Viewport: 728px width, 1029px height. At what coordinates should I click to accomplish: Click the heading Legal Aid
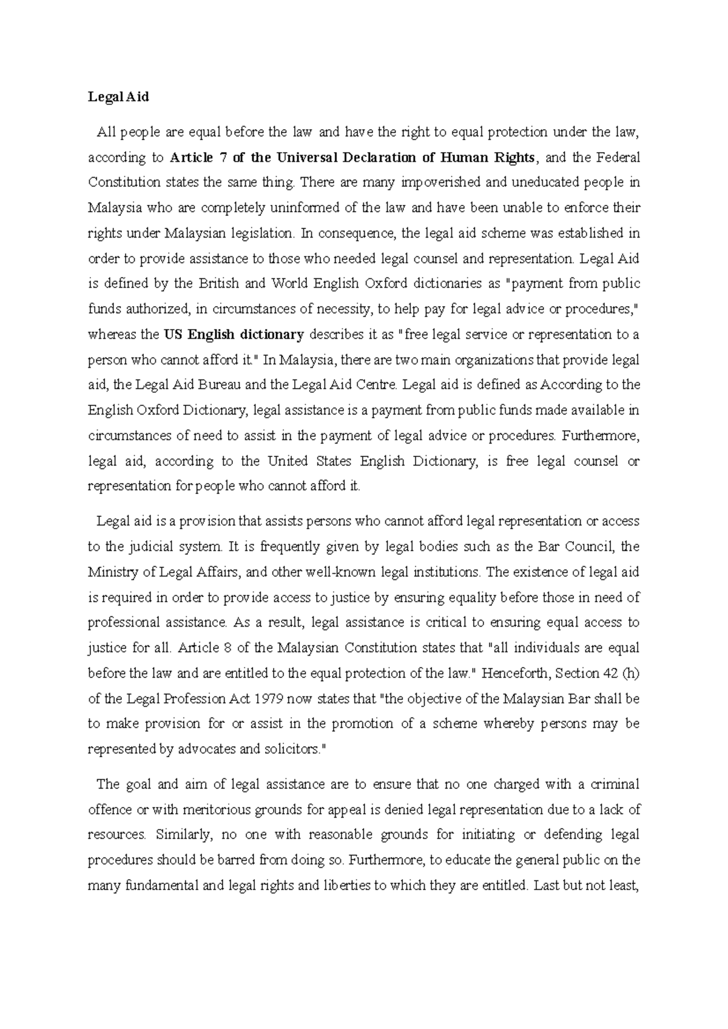click(118, 97)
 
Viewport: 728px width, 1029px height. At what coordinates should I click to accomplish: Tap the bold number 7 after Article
click(223, 158)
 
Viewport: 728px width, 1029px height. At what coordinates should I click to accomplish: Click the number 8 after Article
click(227, 648)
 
